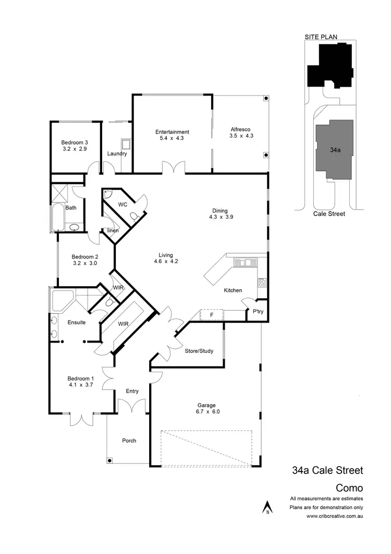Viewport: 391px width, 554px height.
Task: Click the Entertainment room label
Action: pos(172,132)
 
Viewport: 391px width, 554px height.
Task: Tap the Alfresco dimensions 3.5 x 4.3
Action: pos(241,136)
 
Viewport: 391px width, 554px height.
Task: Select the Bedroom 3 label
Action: pos(74,143)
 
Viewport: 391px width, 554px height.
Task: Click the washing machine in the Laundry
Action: pos(126,144)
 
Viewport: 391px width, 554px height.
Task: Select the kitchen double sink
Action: pos(244,263)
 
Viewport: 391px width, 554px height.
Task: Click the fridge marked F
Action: pos(211,315)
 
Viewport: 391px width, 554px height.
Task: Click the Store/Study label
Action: pos(199,351)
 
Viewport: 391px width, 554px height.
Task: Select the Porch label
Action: pos(129,441)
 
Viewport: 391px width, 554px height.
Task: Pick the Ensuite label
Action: pos(76,323)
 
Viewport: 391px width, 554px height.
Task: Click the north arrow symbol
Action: pos(267,507)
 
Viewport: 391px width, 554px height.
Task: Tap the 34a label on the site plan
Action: pos(335,149)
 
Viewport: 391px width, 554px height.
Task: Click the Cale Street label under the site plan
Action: pos(329,214)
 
